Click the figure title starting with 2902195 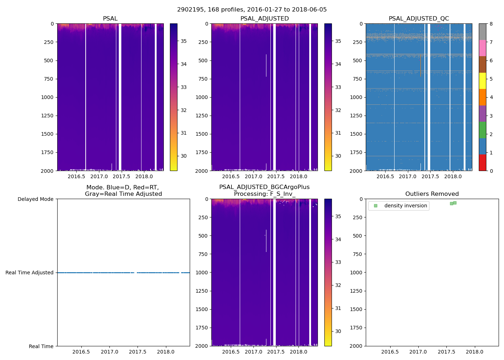(252, 10)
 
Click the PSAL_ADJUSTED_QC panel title (419, 19)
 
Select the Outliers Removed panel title (432, 194)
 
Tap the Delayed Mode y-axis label (35, 199)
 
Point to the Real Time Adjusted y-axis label (30, 273)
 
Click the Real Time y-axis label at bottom (41, 346)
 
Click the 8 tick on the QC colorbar (491, 24)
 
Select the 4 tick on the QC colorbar (491, 97)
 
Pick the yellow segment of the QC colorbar (482, 81)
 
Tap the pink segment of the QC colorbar (482, 48)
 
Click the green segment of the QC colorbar (482, 130)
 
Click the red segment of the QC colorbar (482, 163)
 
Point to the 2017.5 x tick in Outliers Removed (446, 352)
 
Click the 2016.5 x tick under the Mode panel (81, 352)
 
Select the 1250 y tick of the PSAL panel (47, 116)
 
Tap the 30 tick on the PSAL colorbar (184, 156)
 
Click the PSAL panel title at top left (110, 19)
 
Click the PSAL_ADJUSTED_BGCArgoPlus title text (264, 187)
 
